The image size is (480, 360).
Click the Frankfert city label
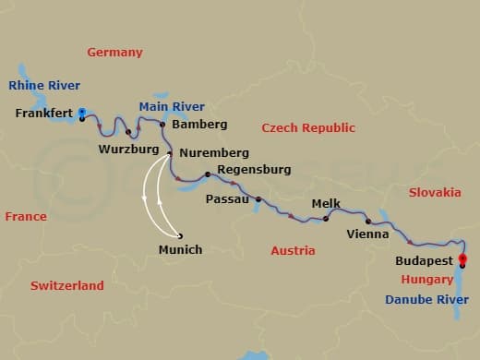[x=44, y=114]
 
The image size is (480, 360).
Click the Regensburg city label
[x=254, y=170]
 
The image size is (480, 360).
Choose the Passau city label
[x=227, y=198]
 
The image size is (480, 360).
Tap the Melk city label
[x=327, y=203]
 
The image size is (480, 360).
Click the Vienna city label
[x=367, y=234]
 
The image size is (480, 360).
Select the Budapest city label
[x=424, y=261]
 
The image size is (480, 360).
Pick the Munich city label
[x=180, y=250]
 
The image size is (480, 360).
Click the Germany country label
[x=114, y=53]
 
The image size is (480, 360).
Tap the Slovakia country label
[x=434, y=193]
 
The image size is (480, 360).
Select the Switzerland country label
[x=66, y=286]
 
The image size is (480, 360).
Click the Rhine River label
[x=42, y=86]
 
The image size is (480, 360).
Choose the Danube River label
[x=427, y=300]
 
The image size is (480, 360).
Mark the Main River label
[x=172, y=107]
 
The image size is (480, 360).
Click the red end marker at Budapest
[x=462, y=259]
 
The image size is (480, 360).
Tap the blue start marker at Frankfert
[x=82, y=112]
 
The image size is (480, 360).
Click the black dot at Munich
[x=180, y=235]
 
